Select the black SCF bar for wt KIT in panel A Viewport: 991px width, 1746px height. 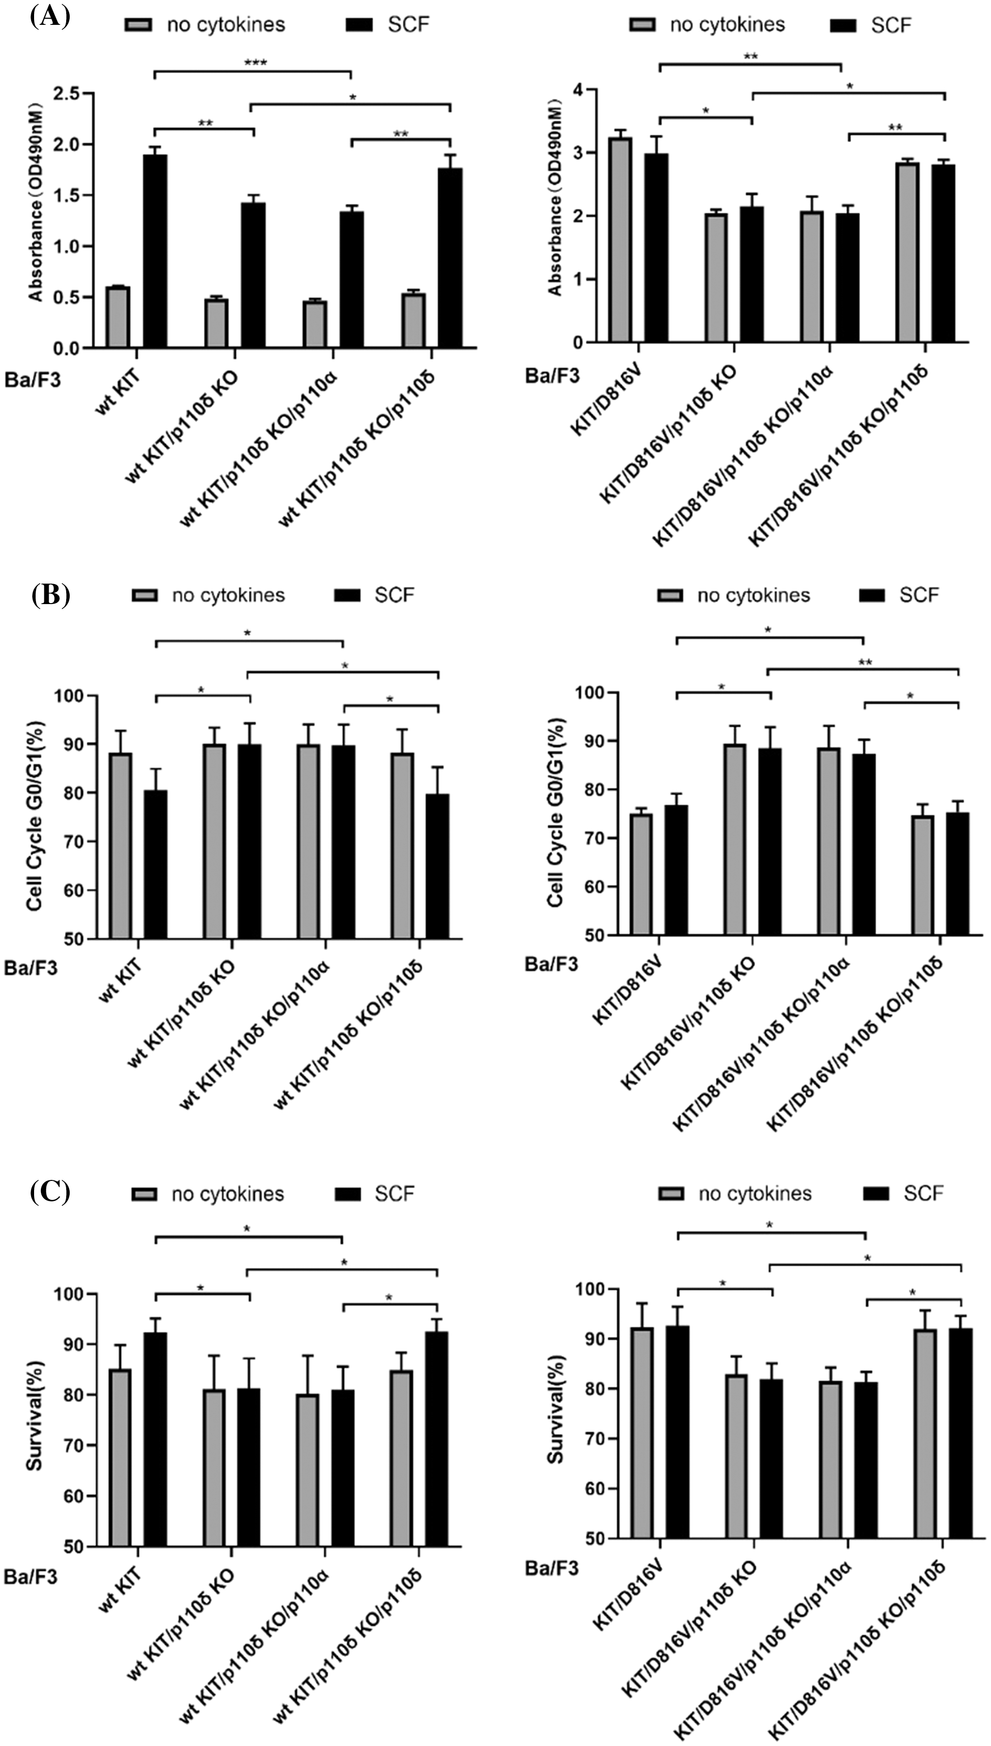tap(155, 251)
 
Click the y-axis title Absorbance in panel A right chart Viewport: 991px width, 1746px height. tap(555, 197)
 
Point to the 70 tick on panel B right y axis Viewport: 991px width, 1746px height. tap(594, 838)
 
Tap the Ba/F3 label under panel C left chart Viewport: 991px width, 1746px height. tap(31, 1576)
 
